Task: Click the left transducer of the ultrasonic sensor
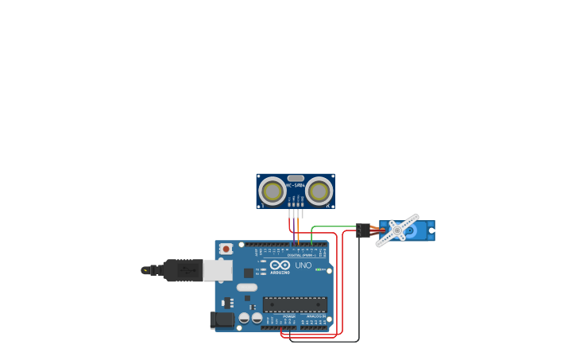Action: (x=273, y=192)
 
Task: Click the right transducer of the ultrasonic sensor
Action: (x=319, y=192)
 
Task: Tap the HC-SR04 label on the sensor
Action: (x=296, y=185)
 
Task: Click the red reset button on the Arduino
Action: (x=226, y=249)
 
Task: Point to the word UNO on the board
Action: (x=303, y=265)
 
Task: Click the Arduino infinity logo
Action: (x=280, y=265)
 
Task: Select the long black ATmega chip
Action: (x=295, y=304)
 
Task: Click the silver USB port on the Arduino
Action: (x=217, y=270)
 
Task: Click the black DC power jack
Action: (x=222, y=319)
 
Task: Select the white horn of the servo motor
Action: (x=397, y=230)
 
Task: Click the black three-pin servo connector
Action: (x=363, y=230)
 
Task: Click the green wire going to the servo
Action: (x=334, y=226)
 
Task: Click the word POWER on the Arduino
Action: (x=289, y=316)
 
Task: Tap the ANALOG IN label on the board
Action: (x=315, y=316)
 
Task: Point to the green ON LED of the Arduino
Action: (x=320, y=269)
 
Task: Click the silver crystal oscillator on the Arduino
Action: (x=247, y=287)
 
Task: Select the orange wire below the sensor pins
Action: (x=299, y=235)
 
